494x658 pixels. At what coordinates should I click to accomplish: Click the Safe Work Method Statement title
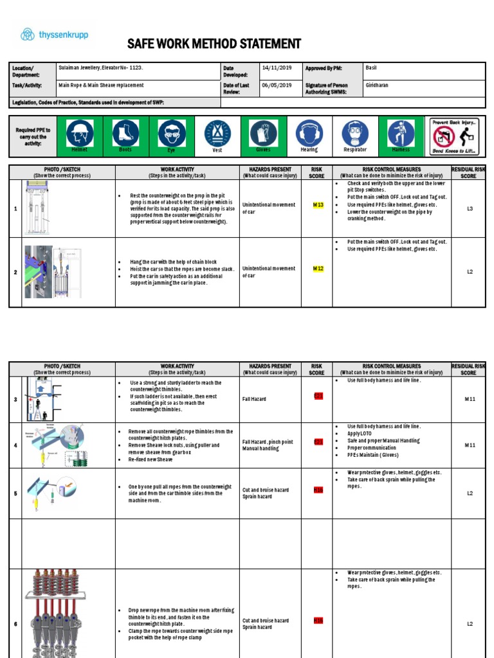coord(214,44)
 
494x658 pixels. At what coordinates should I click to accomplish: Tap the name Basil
coord(371,67)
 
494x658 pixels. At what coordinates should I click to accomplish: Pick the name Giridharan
coord(378,85)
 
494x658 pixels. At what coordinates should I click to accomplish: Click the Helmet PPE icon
coord(80,134)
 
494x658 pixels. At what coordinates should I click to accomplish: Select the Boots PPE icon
coord(125,134)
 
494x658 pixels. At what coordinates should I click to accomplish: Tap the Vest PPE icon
coord(217,134)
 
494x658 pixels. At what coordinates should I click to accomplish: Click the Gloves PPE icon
coord(263,134)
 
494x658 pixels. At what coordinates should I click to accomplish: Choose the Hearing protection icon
coord(309,134)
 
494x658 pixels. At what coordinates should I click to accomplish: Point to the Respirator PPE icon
coord(355,134)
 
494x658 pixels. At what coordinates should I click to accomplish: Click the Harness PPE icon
coord(401,134)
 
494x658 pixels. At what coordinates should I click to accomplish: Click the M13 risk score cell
coord(318,205)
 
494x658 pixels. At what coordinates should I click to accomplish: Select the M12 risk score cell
coord(318,268)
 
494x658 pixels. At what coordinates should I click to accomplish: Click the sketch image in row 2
coord(68,272)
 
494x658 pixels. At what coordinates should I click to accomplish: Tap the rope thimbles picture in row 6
coord(68,614)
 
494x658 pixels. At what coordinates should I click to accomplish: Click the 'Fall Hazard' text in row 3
coord(254,399)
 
